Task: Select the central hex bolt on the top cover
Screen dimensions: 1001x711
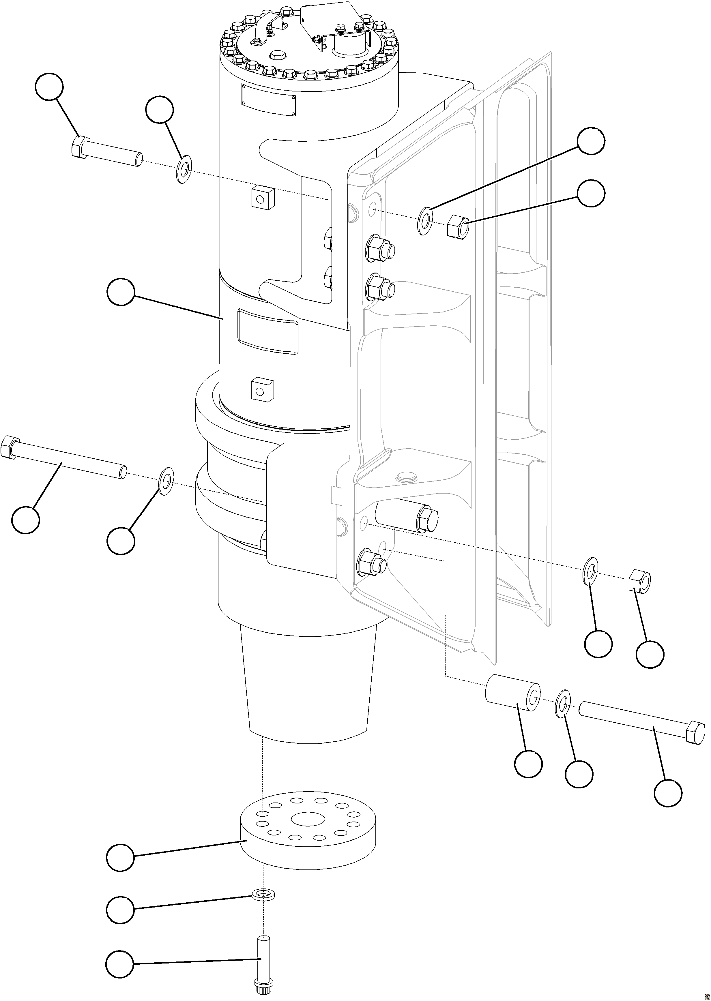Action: coord(278,56)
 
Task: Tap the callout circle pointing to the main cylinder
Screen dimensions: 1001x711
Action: coord(120,293)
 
